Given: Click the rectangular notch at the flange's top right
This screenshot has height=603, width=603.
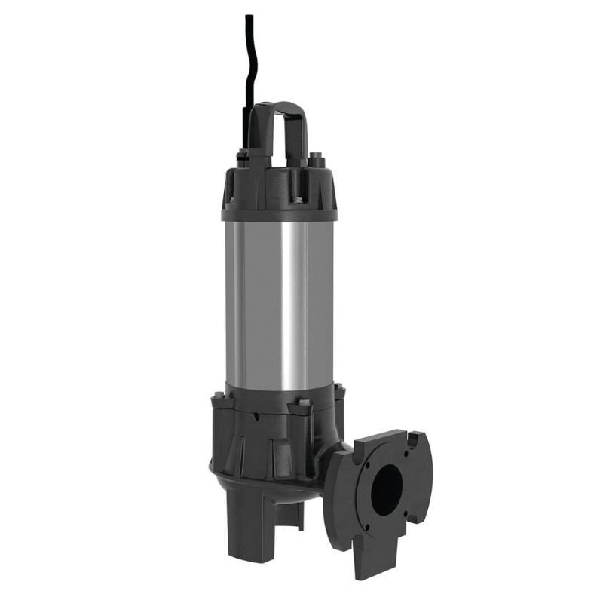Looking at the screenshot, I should tap(415, 435).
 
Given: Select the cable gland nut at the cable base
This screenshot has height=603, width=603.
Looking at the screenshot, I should tap(243, 157).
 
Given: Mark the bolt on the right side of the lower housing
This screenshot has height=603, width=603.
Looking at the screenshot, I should tap(339, 392).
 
